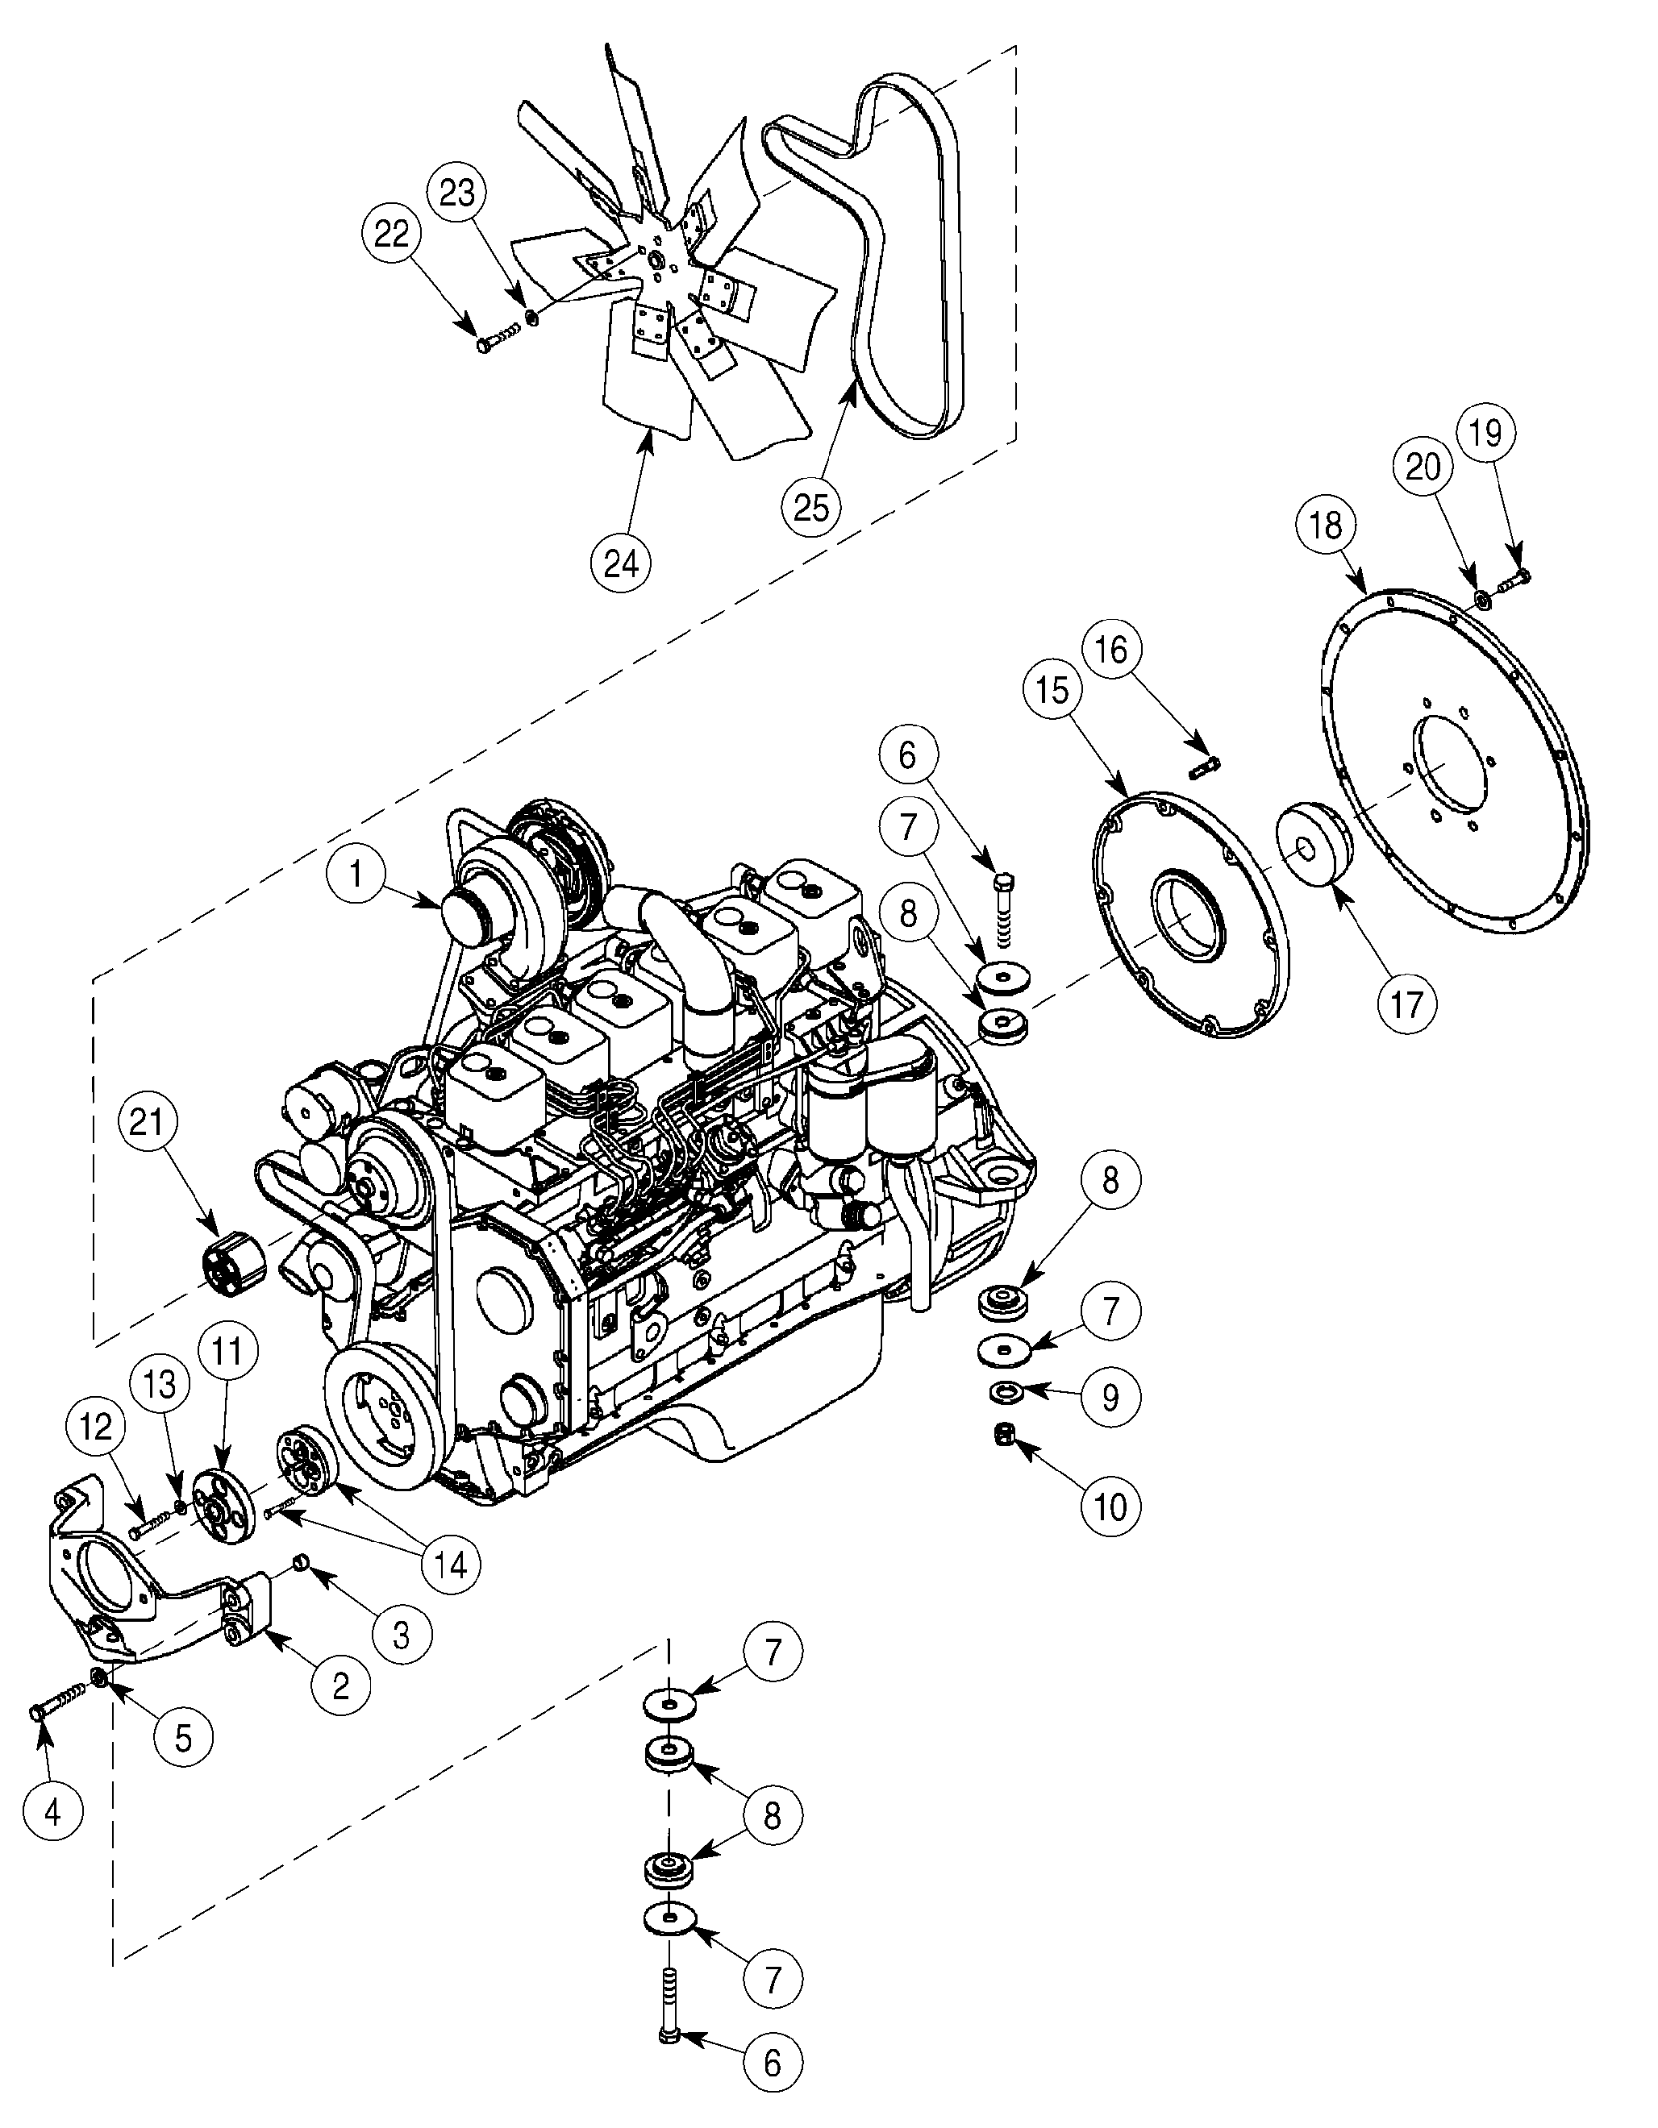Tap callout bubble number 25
(812, 507)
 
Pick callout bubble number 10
(1111, 1507)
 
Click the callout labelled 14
(449, 1564)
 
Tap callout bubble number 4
(52, 1812)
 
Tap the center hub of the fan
(653, 260)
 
